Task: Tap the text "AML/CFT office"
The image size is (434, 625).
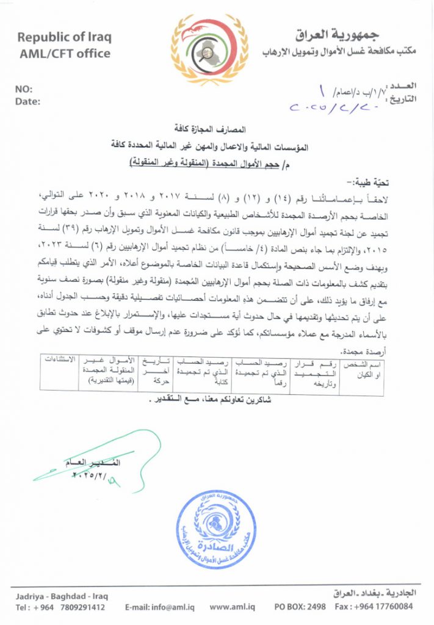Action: tap(64, 53)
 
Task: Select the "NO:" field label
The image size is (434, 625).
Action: tap(24, 89)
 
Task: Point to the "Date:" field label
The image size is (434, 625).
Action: tap(27, 101)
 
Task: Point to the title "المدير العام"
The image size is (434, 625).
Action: tap(97, 463)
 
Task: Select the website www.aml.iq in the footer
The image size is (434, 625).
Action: tap(230, 607)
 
